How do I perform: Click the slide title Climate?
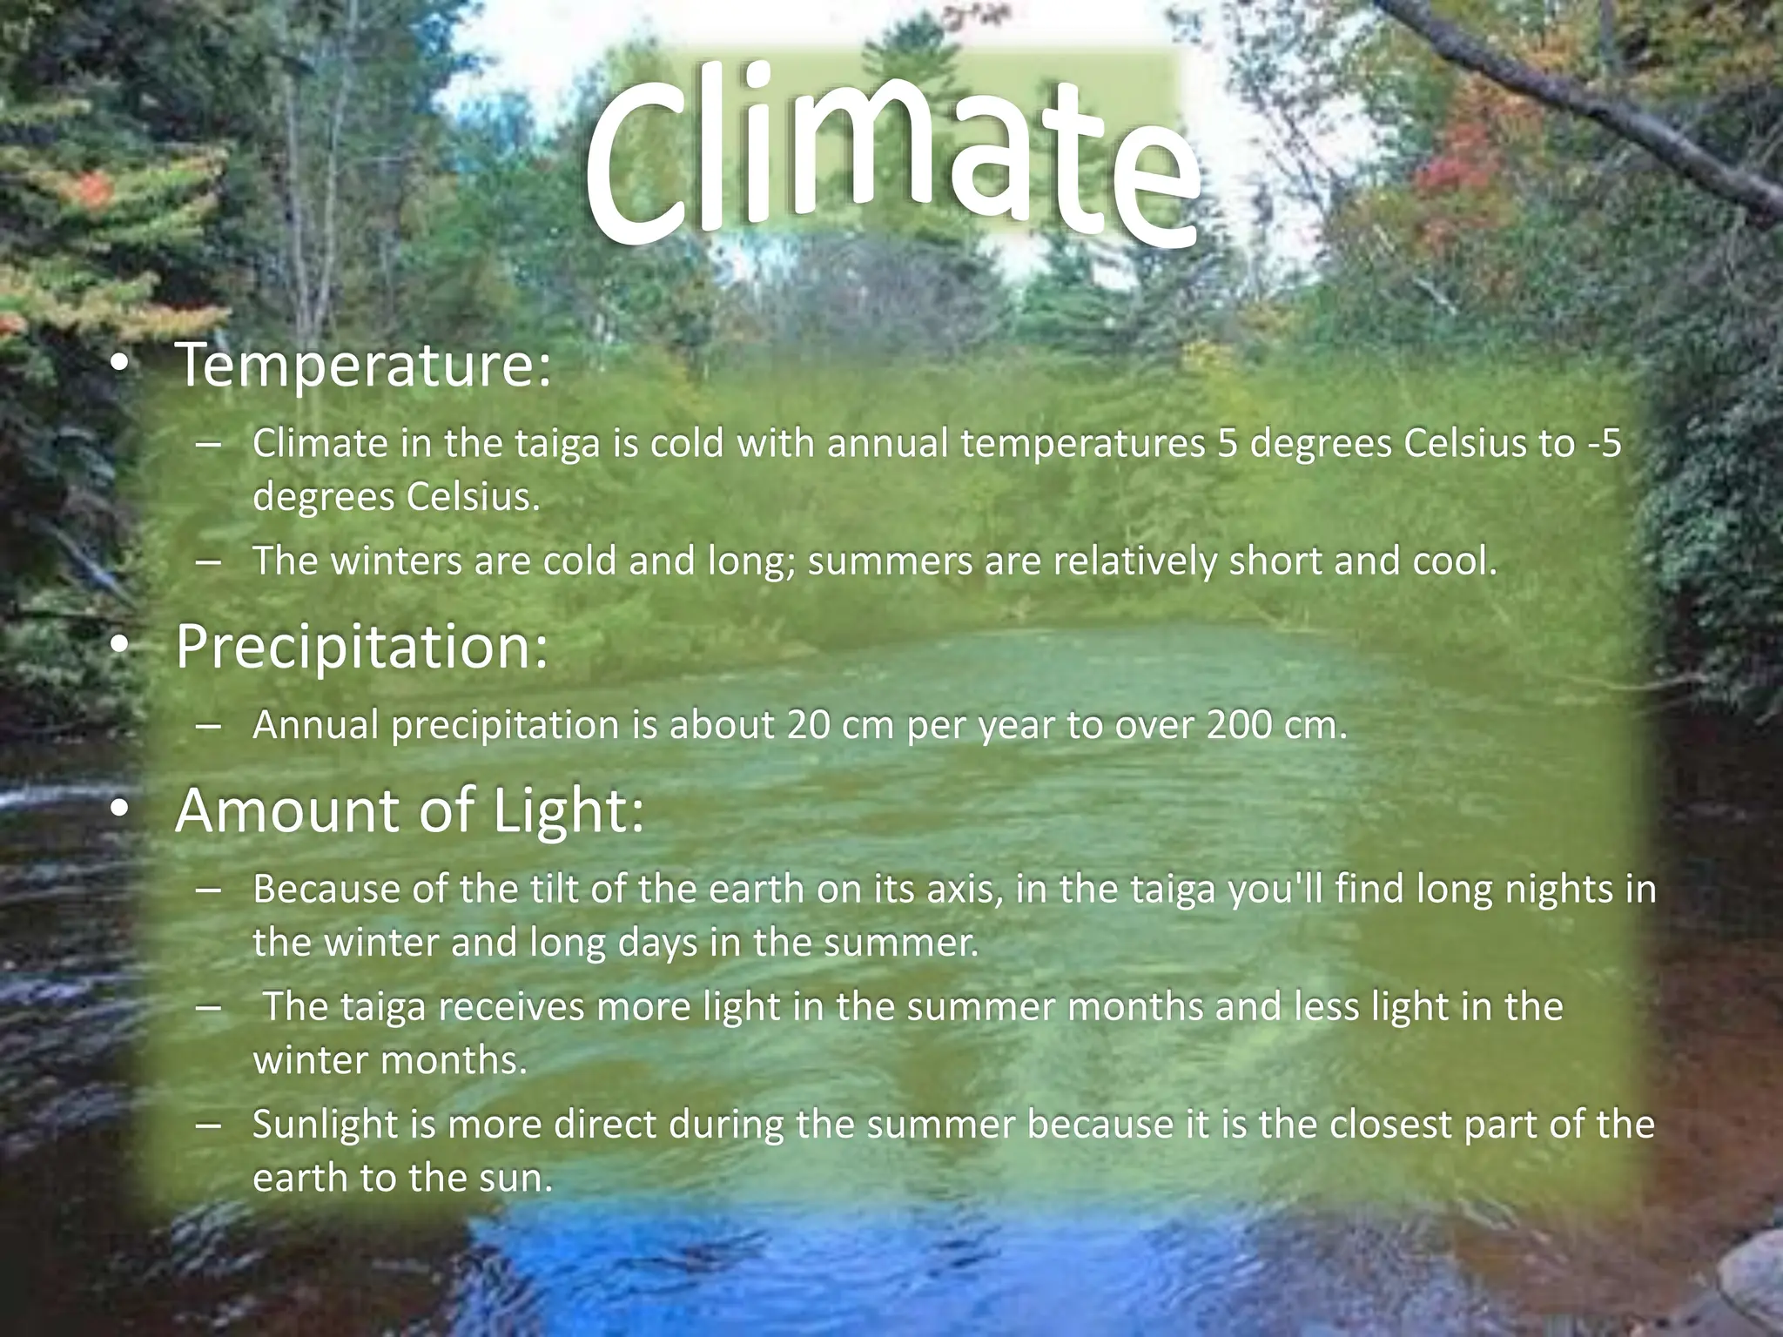click(892, 157)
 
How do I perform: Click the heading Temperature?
click(363, 366)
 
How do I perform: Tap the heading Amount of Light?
click(409, 810)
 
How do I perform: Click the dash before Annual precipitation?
click(208, 725)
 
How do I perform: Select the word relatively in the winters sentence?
click(1134, 561)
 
